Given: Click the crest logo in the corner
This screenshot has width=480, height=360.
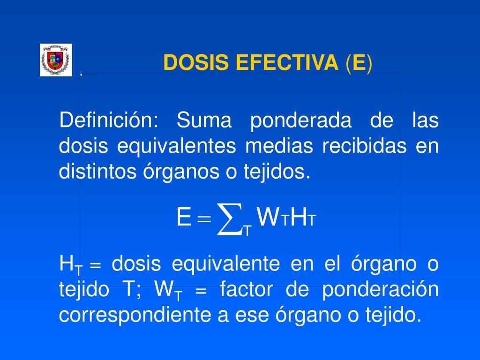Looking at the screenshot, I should coord(56,60).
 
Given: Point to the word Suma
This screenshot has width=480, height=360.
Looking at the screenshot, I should coord(204,120).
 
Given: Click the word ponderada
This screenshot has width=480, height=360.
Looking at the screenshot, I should coord(300,121).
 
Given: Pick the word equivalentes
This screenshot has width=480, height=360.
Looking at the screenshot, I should coord(176,147).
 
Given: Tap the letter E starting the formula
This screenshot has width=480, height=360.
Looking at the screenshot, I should coord(183,217).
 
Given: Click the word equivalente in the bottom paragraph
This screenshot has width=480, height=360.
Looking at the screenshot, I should coord(225,264).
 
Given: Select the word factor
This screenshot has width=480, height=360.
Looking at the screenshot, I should coord(246,290).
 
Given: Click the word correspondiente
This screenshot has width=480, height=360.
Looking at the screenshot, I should coord(134,316).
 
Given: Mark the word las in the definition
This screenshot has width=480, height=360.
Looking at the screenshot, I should coord(425,120).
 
